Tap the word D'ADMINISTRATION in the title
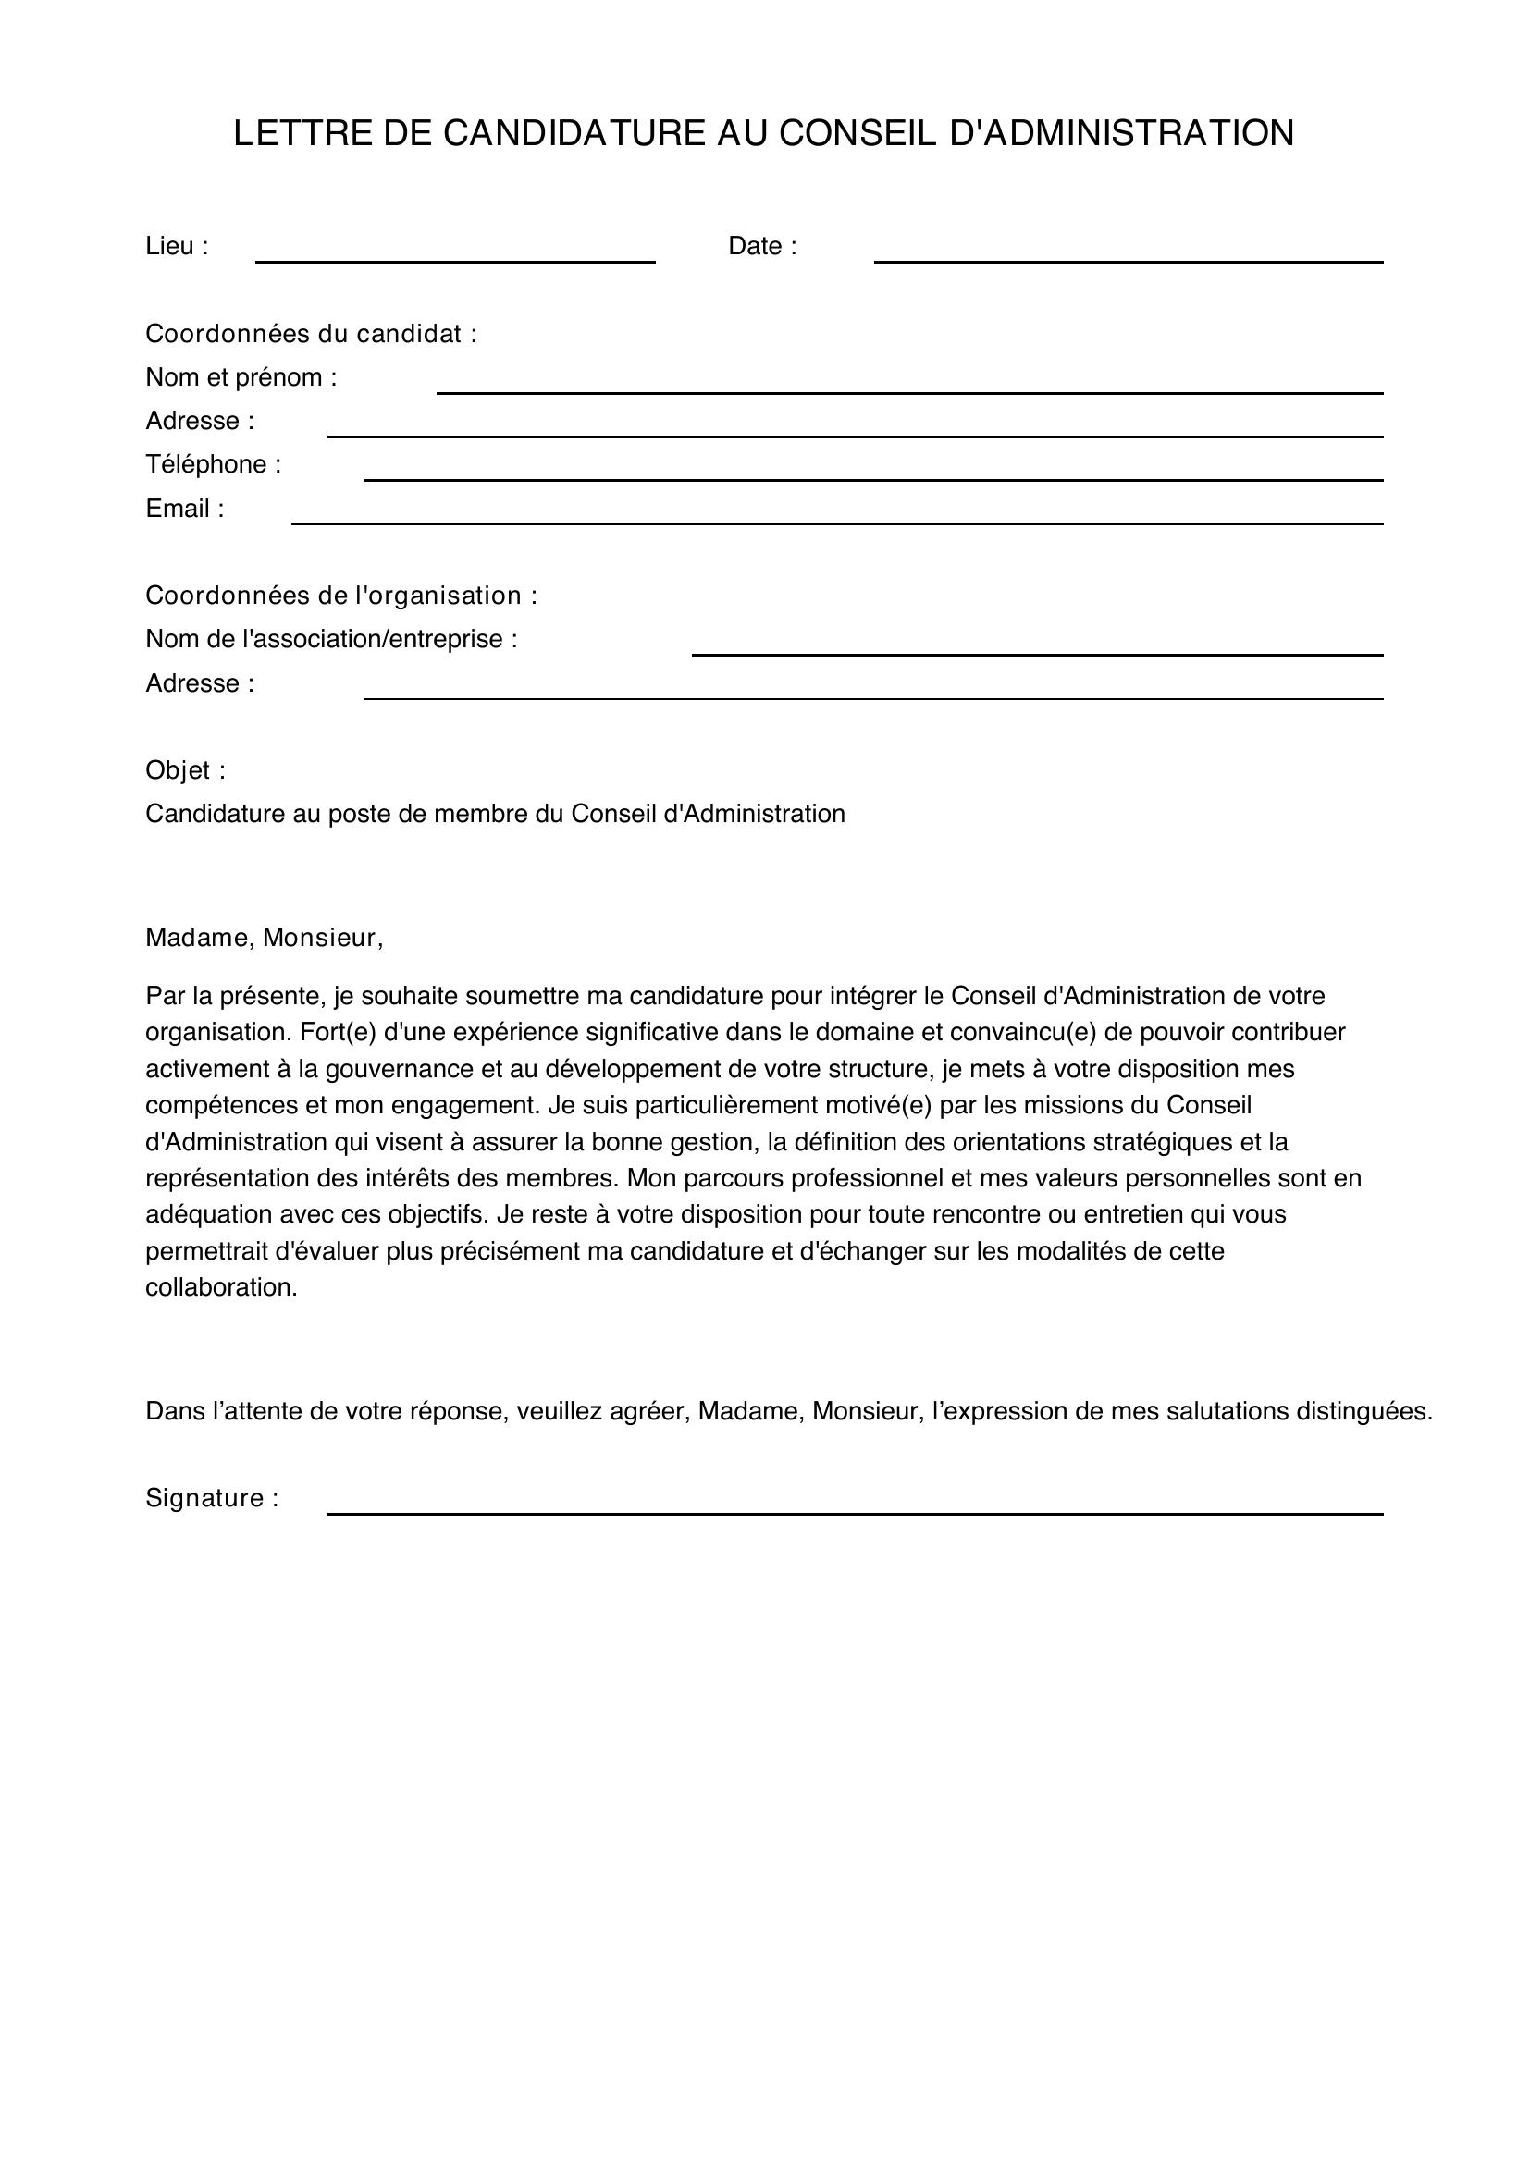1121,134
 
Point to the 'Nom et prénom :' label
241,378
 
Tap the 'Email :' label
185,509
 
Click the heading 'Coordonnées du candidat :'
311,334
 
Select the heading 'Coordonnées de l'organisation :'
341,596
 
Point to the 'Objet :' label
186,770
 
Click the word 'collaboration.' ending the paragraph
221,1288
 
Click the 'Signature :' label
212,1499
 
